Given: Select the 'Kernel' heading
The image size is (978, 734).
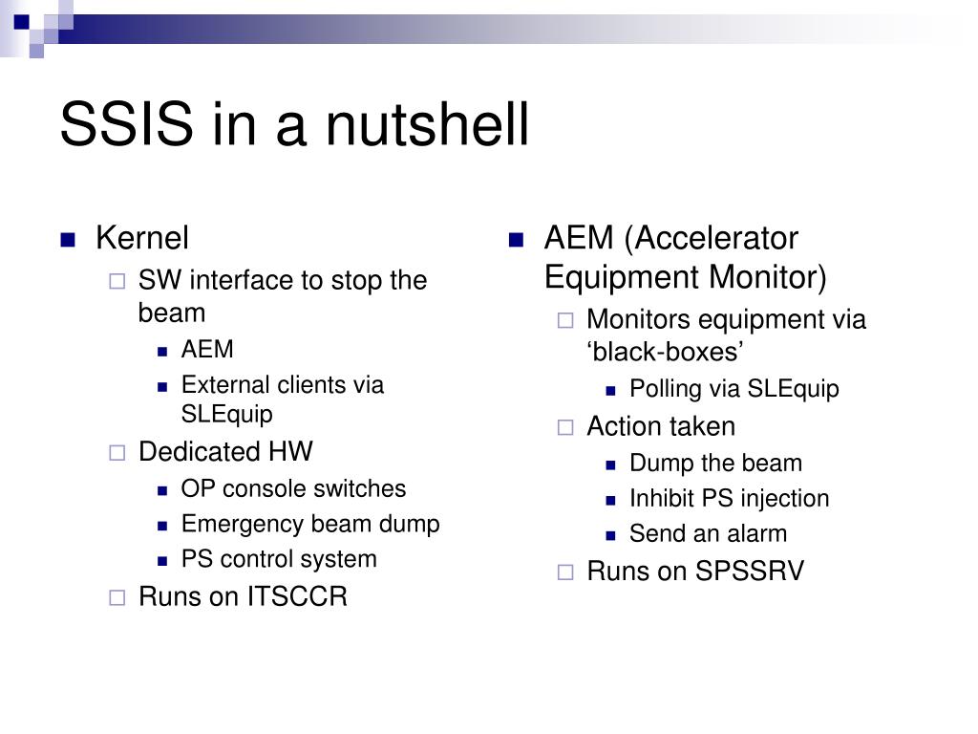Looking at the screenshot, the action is tap(142, 238).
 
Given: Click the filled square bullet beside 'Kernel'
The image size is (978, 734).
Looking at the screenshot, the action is tap(68, 240).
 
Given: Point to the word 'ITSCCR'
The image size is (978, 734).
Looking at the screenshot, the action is tap(297, 596).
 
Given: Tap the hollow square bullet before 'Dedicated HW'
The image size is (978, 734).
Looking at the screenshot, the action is tap(117, 452).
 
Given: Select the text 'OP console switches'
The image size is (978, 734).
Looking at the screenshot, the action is tap(293, 488).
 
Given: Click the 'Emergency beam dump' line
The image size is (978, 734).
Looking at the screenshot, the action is tap(310, 525).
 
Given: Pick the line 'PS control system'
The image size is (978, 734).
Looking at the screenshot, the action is tap(279, 559).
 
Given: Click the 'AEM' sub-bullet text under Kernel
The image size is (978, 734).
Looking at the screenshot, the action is tap(207, 349).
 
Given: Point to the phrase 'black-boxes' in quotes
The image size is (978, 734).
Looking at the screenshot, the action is tap(665, 352).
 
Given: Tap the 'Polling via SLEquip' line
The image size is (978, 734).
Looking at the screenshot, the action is tap(734, 388).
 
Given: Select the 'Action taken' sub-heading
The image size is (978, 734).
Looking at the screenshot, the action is tap(661, 426).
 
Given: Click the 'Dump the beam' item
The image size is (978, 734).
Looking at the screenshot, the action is tap(716, 463).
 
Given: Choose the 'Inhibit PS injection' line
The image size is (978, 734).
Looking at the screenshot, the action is tap(730, 499).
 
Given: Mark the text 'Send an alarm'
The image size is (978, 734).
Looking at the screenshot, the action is tap(709, 533).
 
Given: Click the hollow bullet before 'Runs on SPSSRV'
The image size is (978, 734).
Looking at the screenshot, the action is tap(565, 572).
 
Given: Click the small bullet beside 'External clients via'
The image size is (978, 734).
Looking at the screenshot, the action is tap(162, 387).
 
